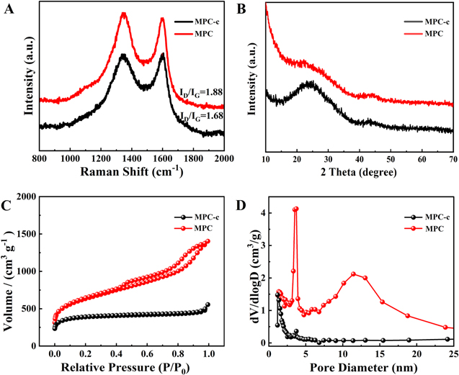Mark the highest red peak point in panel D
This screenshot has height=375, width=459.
pos(295,209)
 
